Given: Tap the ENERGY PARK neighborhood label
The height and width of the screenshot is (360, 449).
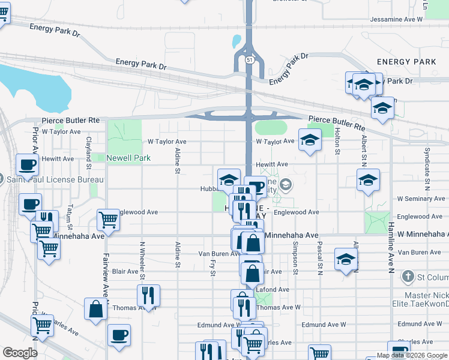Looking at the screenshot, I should tap(406, 62).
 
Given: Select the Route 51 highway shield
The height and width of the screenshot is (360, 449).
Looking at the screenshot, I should tap(249, 59).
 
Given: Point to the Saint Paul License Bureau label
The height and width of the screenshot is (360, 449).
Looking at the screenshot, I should tap(55, 179).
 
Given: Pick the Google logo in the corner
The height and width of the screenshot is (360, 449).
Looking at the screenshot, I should tap(20, 352).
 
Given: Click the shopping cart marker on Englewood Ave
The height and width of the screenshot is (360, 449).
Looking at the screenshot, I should tap(108, 219).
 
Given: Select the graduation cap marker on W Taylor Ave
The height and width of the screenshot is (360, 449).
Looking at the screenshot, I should tap(310, 140).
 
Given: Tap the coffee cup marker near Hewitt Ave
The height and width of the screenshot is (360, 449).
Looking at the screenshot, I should tap(28, 164).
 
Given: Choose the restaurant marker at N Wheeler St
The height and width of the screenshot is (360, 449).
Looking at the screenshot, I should tap(148, 295).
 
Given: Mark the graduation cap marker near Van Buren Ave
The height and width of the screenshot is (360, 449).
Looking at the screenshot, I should tap(346, 259).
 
